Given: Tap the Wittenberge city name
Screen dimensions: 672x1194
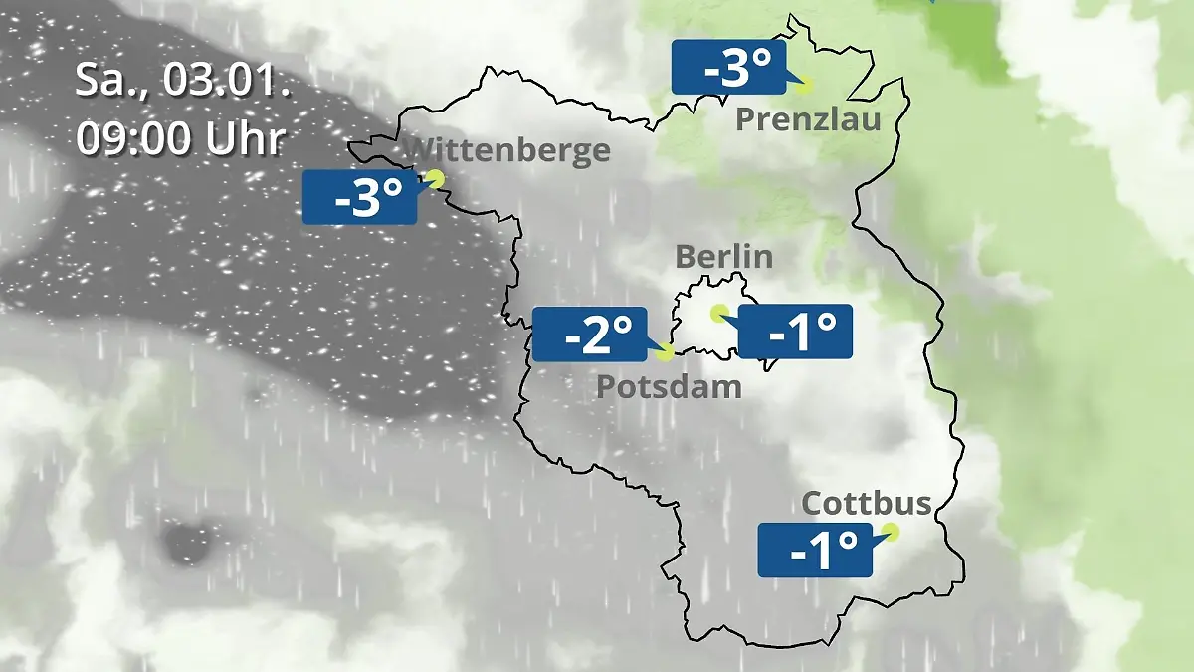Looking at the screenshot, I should (508, 150).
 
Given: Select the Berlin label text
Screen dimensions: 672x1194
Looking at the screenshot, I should (723, 256).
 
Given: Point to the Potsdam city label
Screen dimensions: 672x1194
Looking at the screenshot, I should (669, 386).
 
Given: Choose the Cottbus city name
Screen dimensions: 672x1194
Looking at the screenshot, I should (867, 503).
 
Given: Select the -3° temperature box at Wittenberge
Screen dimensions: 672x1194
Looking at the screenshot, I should (359, 197).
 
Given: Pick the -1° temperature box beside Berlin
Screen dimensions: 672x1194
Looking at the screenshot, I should (795, 332).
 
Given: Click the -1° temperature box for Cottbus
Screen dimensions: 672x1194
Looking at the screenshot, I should (815, 550).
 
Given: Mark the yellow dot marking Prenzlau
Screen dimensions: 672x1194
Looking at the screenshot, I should (803, 86).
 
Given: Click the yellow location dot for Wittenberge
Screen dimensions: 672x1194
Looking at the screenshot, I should (435, 178).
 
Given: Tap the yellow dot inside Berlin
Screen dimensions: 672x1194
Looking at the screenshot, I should (718, 313).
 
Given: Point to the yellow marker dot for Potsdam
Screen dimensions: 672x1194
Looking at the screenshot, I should (666, 351).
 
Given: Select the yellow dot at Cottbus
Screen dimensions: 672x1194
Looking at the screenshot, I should (891, 532).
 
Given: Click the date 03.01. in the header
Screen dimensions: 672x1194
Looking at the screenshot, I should (227, 82).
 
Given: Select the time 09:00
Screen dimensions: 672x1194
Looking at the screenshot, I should (133, 138).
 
